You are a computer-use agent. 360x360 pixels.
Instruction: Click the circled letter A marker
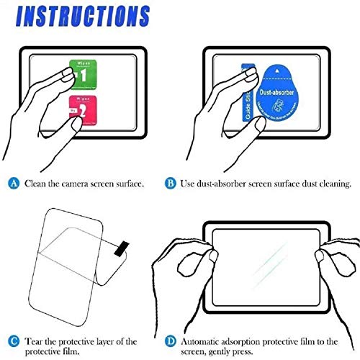click(14, 184)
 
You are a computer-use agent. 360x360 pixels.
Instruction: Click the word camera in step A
click(76, 184)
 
